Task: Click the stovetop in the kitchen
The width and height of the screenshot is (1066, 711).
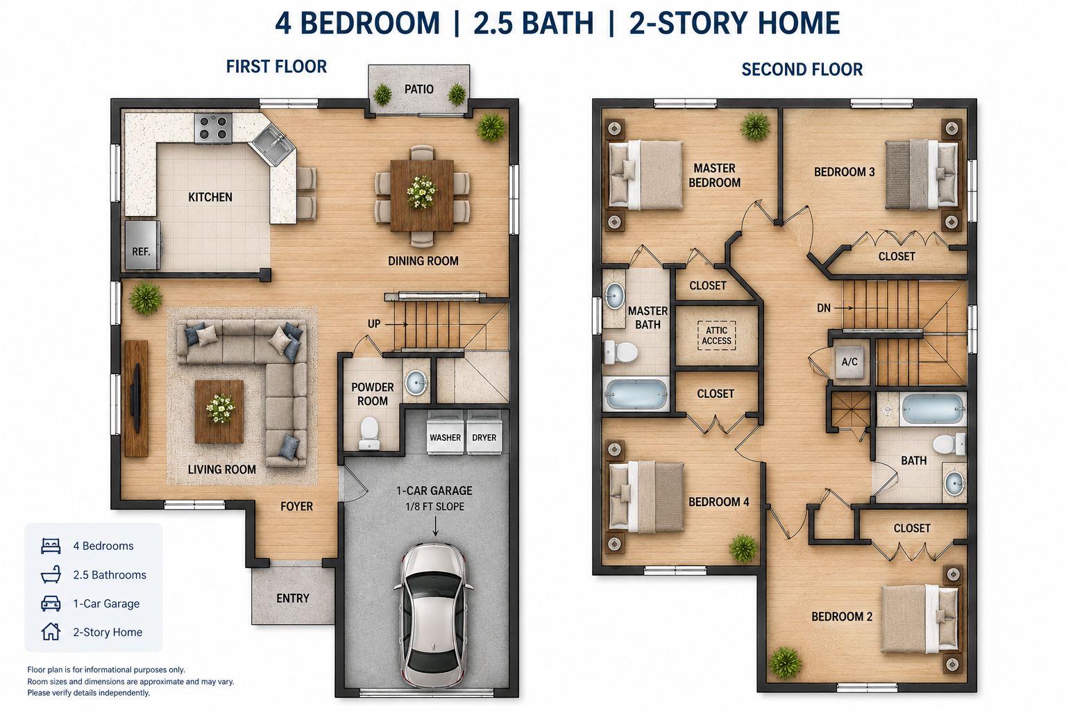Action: pyautogui.click(x=213, y=128)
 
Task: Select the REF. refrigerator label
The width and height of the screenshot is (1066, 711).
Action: pyautogui.click(x=141, y=251)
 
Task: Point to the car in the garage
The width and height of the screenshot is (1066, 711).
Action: pyautogui.click(x=434, y=615)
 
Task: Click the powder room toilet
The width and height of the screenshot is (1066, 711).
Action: pyautogui.click(x=369, y=433)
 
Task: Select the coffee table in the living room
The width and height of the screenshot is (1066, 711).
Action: pyautogui.click(x=219, y=412)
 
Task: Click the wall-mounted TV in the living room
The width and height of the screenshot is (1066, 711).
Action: pyautogui.click(x=136, y=398)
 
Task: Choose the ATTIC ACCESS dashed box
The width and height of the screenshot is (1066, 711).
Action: pyautogui.click(x=717, y=335)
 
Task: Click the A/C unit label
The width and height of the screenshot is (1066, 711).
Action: pyautogui.click(x=849, y=362)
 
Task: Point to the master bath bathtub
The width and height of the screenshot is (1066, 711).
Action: pyautogui.click(x=636, y=394)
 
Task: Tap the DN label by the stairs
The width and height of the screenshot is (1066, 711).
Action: pyautogui.click(x=824, y=308)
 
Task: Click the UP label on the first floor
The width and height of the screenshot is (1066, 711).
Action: pyautogui.click(x=374, y=324)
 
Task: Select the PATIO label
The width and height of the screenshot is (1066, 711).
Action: pyautogui.click(x=418, y=89)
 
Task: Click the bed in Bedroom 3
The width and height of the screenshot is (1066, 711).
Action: pyautogui.click(x=922, y=175)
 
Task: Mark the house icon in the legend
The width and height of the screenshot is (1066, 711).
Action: pyautogui.click(x=51, y=631)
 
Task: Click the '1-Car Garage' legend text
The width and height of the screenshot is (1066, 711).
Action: pyautogui.click(x=106, y=603)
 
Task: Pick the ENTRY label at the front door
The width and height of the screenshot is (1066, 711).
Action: pyautogui.click(x=293, y=598)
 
